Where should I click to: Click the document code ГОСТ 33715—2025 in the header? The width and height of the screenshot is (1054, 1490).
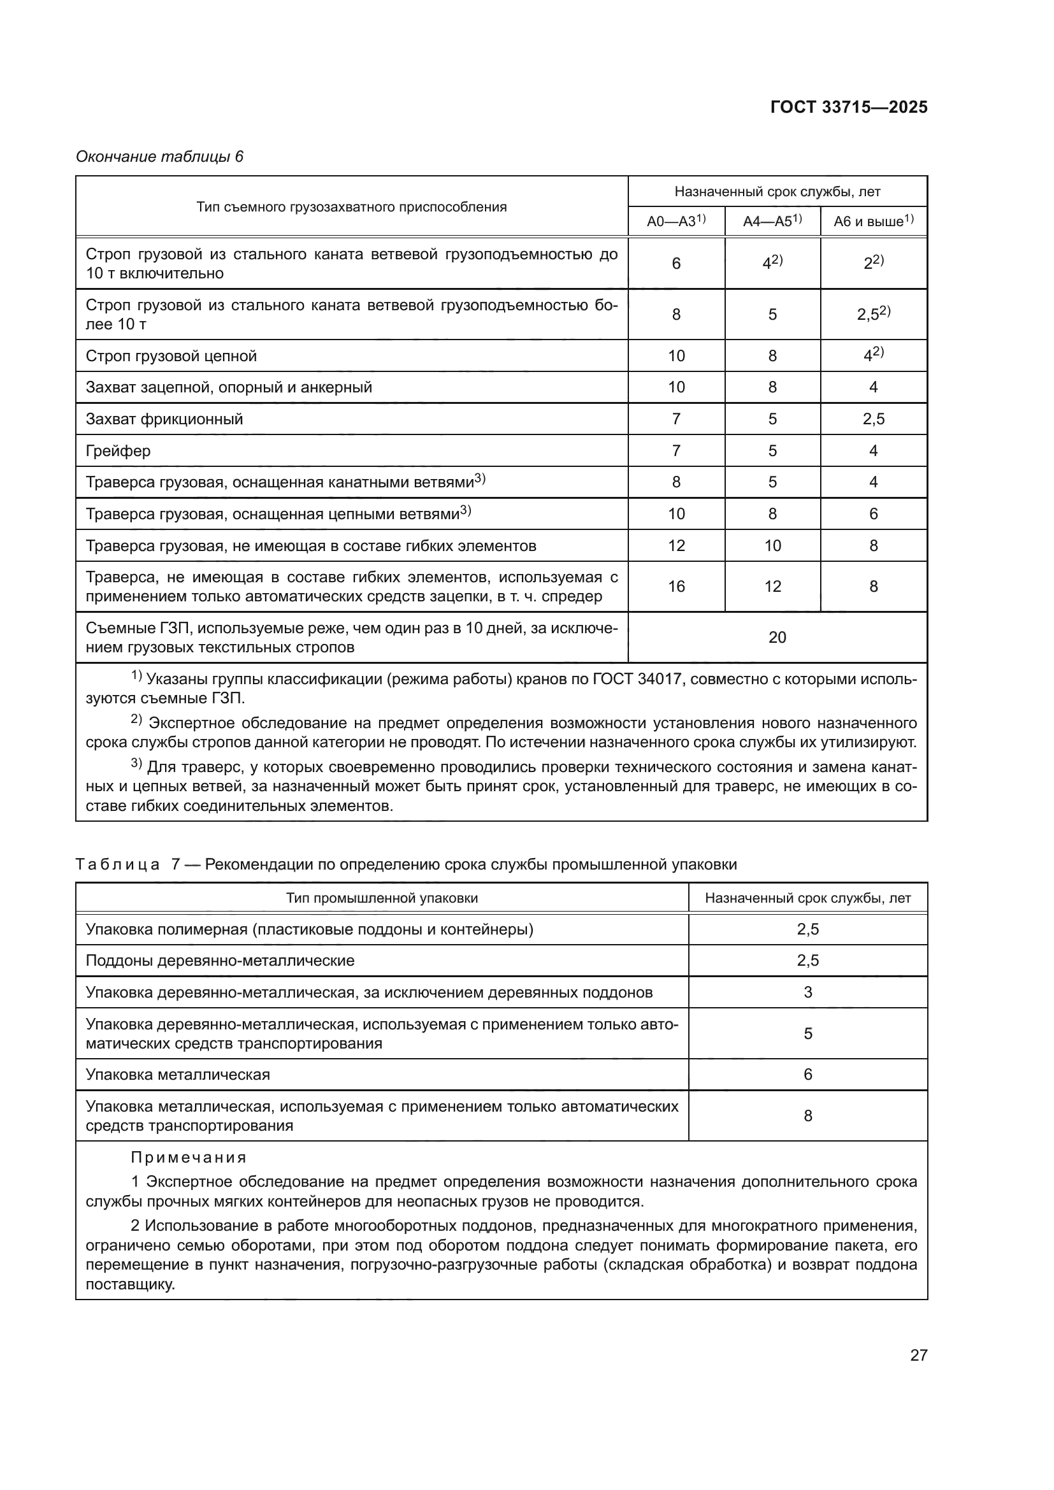tap(848, 108)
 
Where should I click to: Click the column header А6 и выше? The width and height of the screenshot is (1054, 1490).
tap(873, 221)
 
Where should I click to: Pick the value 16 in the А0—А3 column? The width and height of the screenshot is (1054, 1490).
tap(676, 587)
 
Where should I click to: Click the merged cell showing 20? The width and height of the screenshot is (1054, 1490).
tap(777, 637)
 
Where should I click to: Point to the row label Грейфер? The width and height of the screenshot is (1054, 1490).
tap(118, 451)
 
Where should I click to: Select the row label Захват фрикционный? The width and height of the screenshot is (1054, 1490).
tap(164, 419)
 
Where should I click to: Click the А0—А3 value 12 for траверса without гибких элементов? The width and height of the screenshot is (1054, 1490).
tap(676, 546)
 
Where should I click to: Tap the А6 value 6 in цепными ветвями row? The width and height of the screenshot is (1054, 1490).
tap(873, 514)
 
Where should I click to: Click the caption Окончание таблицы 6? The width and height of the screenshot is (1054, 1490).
tap(160, 157)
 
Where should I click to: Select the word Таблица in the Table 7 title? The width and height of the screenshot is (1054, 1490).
tap(117, 864)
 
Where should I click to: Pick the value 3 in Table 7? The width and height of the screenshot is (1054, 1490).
tap(807, 992)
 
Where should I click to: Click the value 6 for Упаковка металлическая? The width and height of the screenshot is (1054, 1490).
tap(807, 1074)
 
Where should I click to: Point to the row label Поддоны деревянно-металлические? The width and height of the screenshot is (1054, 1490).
tap(220, 961)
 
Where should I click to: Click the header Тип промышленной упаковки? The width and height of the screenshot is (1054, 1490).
tap(382, 898)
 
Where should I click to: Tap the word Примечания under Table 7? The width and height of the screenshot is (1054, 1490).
tap(188, 1157)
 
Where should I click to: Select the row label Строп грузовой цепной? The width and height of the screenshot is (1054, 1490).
tap(171, 356)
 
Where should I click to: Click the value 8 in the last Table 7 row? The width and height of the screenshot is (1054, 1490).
tap(807, 1115)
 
